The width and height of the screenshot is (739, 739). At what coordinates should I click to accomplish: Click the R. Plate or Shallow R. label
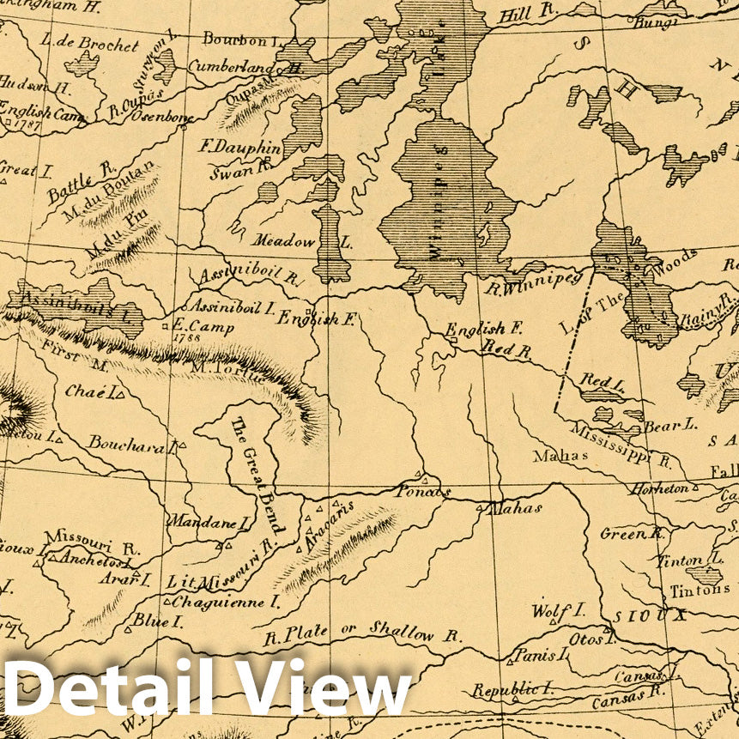click(361, 633)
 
